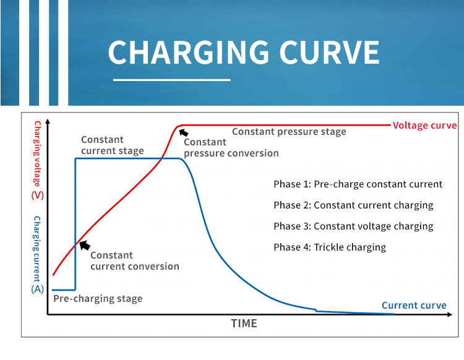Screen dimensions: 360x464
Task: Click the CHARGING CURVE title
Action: pyautogui.click(x=243, y=53)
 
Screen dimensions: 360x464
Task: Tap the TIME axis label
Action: pyautogui.click(x=244, y=323)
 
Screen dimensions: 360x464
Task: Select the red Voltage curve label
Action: pyautogui.click(x=425, y=125)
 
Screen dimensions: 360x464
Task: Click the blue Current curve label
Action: pyautogui.click(x=414, y=306)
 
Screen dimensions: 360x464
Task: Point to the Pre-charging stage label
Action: pyautogui.click(x=98, y=299)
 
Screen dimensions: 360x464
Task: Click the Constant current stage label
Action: pyautogui.click(x=112, y=145)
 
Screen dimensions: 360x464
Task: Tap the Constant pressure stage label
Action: pyautogui.click(x=289, y=131)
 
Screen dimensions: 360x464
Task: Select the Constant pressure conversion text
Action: pyautogui.click(x=231, y=147)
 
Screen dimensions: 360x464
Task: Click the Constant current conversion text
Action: pyautogui.click(x=134, y=260)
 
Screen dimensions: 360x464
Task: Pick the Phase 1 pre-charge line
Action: pyautogui.click(x=358, y=184)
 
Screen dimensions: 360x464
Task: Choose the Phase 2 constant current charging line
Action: pyautogui.click(x=353, y=205)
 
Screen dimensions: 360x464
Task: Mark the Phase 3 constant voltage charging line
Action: pyautogui.click(x=353, y=226)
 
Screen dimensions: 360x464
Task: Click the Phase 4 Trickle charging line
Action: pyautogui.click(x=329, y=247)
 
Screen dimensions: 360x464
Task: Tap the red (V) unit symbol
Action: pyautogui.click(x=37, y=196)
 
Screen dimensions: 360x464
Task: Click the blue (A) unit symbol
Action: pyautogui.click(x=37, y=288)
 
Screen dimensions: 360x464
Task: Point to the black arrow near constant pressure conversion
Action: pyautogui.click(x=183, y=132)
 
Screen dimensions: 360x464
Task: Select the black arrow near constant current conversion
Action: pyautogui.click(x=85, y=245)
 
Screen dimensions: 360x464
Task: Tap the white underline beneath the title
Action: pyautogui.click(x=172, y=80)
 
